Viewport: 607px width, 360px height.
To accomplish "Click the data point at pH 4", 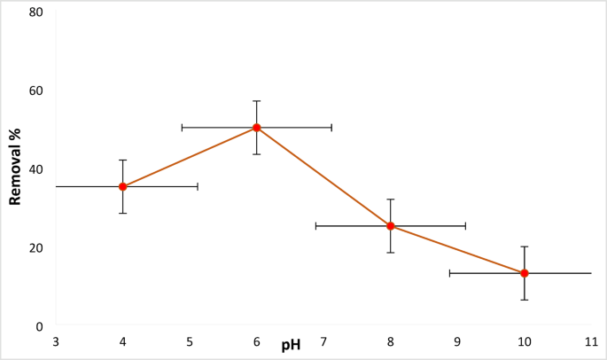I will [123, 187].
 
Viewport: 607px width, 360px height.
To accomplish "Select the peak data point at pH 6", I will [257, 128].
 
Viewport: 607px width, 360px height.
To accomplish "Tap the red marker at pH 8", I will [391, 226].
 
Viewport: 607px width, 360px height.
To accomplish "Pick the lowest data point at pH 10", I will [525, 273].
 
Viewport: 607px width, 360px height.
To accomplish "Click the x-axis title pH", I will [291, 345].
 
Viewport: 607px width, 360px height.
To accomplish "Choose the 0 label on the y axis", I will [39, 326].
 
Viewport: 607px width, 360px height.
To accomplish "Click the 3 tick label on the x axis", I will [56, 342].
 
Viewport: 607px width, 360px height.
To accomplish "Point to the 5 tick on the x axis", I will [190, 342].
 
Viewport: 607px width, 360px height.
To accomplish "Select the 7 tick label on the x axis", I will [323, 342].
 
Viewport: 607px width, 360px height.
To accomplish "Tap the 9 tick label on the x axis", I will [457, 342].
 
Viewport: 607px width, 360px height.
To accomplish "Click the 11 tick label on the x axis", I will [590, 342].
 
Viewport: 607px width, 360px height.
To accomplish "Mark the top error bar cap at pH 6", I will [257, 101].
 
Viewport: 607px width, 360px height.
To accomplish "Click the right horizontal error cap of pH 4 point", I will [197, 187].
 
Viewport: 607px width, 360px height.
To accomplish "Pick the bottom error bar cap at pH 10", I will [525, 300].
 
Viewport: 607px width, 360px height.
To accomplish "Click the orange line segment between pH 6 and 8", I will [323, 176].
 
